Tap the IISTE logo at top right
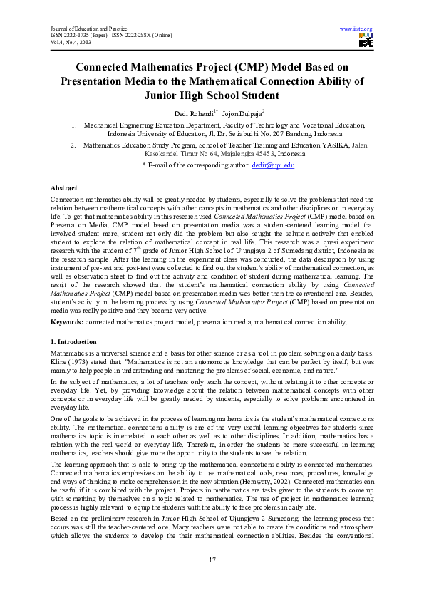(366, 41)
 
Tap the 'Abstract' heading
(63, 188)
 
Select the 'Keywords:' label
(67, 322)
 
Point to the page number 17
(212, 561)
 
